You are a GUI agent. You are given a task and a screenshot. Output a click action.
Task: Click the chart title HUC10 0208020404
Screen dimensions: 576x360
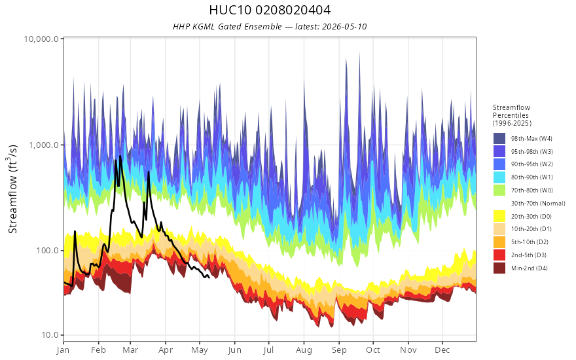[270, 10]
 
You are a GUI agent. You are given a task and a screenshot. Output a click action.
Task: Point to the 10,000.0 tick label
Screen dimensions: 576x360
[41, 39]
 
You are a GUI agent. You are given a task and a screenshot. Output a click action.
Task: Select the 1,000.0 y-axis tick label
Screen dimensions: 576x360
[44, 145]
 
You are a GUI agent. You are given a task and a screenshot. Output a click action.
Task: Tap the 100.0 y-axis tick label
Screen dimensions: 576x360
[47, 251]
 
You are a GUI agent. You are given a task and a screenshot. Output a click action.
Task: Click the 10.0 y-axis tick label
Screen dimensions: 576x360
[50, 334]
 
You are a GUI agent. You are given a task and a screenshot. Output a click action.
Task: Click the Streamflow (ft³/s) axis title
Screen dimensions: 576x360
[12, 189]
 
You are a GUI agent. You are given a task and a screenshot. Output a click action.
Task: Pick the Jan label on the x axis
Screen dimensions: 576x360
[63, 350]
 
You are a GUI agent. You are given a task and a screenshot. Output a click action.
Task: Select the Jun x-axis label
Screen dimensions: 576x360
[234, 350]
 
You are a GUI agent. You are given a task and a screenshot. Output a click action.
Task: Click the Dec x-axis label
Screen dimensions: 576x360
[442, 350]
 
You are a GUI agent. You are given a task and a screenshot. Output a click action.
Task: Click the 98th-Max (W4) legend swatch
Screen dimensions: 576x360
[499, 139]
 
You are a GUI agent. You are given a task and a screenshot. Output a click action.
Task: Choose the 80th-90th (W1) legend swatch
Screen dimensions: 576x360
[499, 177]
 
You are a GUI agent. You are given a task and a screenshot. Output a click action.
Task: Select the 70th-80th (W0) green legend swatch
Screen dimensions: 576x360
[499, 190]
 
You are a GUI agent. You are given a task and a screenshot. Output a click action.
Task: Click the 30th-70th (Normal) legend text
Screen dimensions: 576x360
[538, 203]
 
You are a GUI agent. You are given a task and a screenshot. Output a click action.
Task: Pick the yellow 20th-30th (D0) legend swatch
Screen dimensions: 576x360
[499, 216]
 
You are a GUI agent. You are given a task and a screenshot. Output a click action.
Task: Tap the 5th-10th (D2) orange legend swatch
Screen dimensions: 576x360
[499, 242]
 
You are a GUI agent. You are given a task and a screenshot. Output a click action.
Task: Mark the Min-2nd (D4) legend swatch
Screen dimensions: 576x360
[499, 268]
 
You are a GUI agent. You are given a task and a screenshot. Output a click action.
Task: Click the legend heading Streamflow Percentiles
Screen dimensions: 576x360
[512, 111]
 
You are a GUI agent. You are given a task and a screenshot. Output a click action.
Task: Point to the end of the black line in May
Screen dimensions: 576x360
[209, 277]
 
